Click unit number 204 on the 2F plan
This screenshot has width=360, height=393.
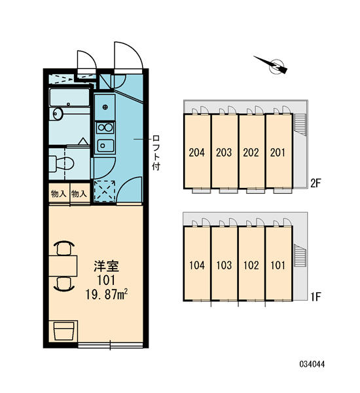click(196, 153)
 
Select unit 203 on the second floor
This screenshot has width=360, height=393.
click(224, 153)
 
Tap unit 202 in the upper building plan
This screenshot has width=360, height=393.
click(251, 153)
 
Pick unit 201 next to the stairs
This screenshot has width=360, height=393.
click(278, 153)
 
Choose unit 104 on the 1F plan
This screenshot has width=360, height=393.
click(197, 265)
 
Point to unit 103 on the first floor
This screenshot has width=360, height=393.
click(224, 265)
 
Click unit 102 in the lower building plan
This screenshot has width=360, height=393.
click(251, 265)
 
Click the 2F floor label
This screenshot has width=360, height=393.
click(316, 183)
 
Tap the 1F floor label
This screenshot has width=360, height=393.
click(316, 297)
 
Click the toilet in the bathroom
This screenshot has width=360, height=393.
click(62, 164)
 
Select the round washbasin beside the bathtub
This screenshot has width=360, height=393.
click(58, 114)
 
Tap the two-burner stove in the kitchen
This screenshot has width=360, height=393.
click(105, 128)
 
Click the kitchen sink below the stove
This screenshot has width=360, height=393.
click(105, 145)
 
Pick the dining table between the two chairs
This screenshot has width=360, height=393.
click(63, 266)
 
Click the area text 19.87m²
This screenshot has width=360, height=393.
click(107, 295)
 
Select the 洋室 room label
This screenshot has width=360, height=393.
click(107, 266)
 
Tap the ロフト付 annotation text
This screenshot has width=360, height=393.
click(156, 153)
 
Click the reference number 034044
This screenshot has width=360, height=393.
click(312, 364)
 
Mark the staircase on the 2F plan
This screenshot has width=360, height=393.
click(300, 125)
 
